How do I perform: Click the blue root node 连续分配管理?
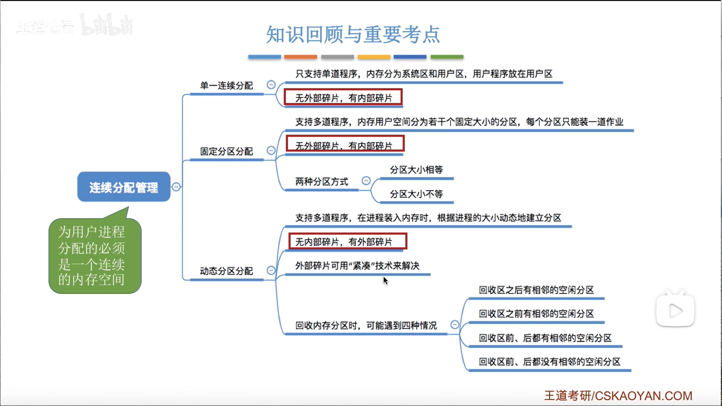124,187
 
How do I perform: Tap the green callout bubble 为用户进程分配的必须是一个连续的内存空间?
95,256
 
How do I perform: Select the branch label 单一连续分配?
226,86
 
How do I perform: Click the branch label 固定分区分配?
226,151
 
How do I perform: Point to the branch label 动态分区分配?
226,271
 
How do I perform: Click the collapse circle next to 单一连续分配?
271,85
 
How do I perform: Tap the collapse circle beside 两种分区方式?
366,181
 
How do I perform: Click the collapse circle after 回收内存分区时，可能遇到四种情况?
455,324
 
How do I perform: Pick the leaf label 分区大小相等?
416,170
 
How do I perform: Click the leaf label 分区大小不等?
416,194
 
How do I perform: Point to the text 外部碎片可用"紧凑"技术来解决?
357,266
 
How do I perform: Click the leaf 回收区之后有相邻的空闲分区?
536,290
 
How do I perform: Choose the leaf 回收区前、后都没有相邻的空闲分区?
549,362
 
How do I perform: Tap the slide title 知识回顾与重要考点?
353,35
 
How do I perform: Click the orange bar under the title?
300,57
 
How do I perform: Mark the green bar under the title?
447,57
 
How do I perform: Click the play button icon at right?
675,311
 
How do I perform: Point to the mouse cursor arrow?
385,280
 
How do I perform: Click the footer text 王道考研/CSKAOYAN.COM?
618,396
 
